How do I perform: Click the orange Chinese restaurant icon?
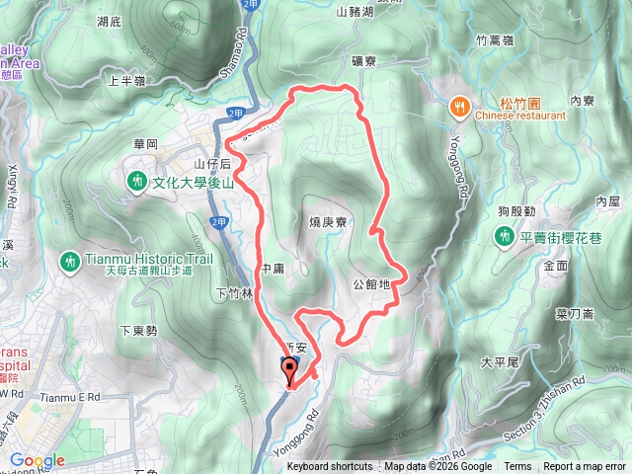click(459, 106)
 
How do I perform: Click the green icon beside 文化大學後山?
click(135, 182)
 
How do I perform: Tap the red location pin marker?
click(289, 372)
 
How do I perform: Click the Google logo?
click(38, 460)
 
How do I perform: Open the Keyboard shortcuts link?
click(330, 466)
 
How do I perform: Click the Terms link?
click(517, 466)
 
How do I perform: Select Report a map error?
click(585, 466)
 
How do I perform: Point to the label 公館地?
click(372, 284)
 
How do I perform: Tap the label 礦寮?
click(363, 61)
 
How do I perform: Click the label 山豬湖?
click(355, 13)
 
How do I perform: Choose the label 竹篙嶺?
click(494, 39)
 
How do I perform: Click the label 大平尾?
click(500, 362)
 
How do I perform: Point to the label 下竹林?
click(233, 293)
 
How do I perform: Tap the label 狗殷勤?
click(516, 211)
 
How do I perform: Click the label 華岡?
click(145, 144)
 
